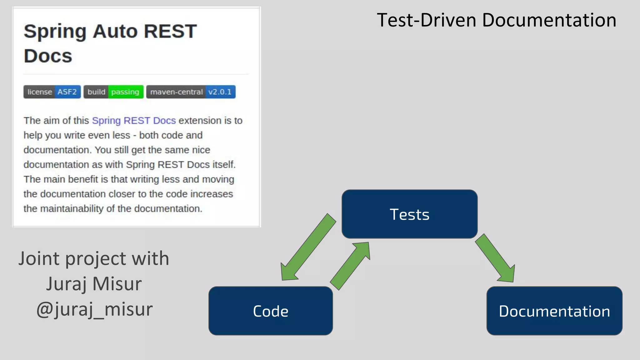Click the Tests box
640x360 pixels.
(x=409, y=214)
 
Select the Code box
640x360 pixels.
(x=271, y=311)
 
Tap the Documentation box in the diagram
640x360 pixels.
(x=554, y=311)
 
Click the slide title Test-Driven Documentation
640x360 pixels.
(x=496, y=20)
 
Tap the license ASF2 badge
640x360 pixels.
(x=52, y=92)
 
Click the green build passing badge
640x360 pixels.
(x=113, y=92)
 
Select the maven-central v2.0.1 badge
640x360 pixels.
(x=191, y=92)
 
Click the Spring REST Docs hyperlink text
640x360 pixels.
(x=134, y=121)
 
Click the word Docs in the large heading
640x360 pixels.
(x=48, y=56)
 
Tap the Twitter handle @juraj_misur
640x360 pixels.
(x=94, y=309)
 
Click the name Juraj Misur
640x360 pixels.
(x=94, y=284)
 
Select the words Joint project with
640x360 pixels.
(x=94, y=258)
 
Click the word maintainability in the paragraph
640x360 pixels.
(x=72, y=209)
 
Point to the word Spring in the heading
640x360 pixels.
(x=55, y=32)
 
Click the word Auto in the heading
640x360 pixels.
(x=115, y=31)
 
